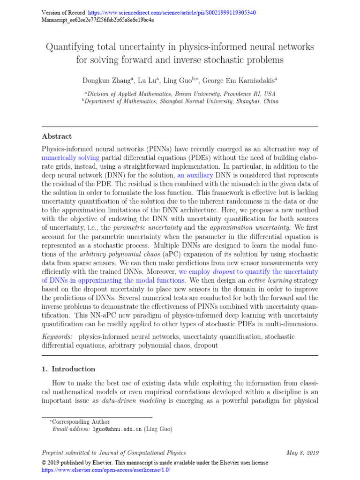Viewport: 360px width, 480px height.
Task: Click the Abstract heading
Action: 57,136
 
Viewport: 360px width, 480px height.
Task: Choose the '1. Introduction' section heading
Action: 68,369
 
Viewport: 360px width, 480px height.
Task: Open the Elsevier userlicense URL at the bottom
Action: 106,469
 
